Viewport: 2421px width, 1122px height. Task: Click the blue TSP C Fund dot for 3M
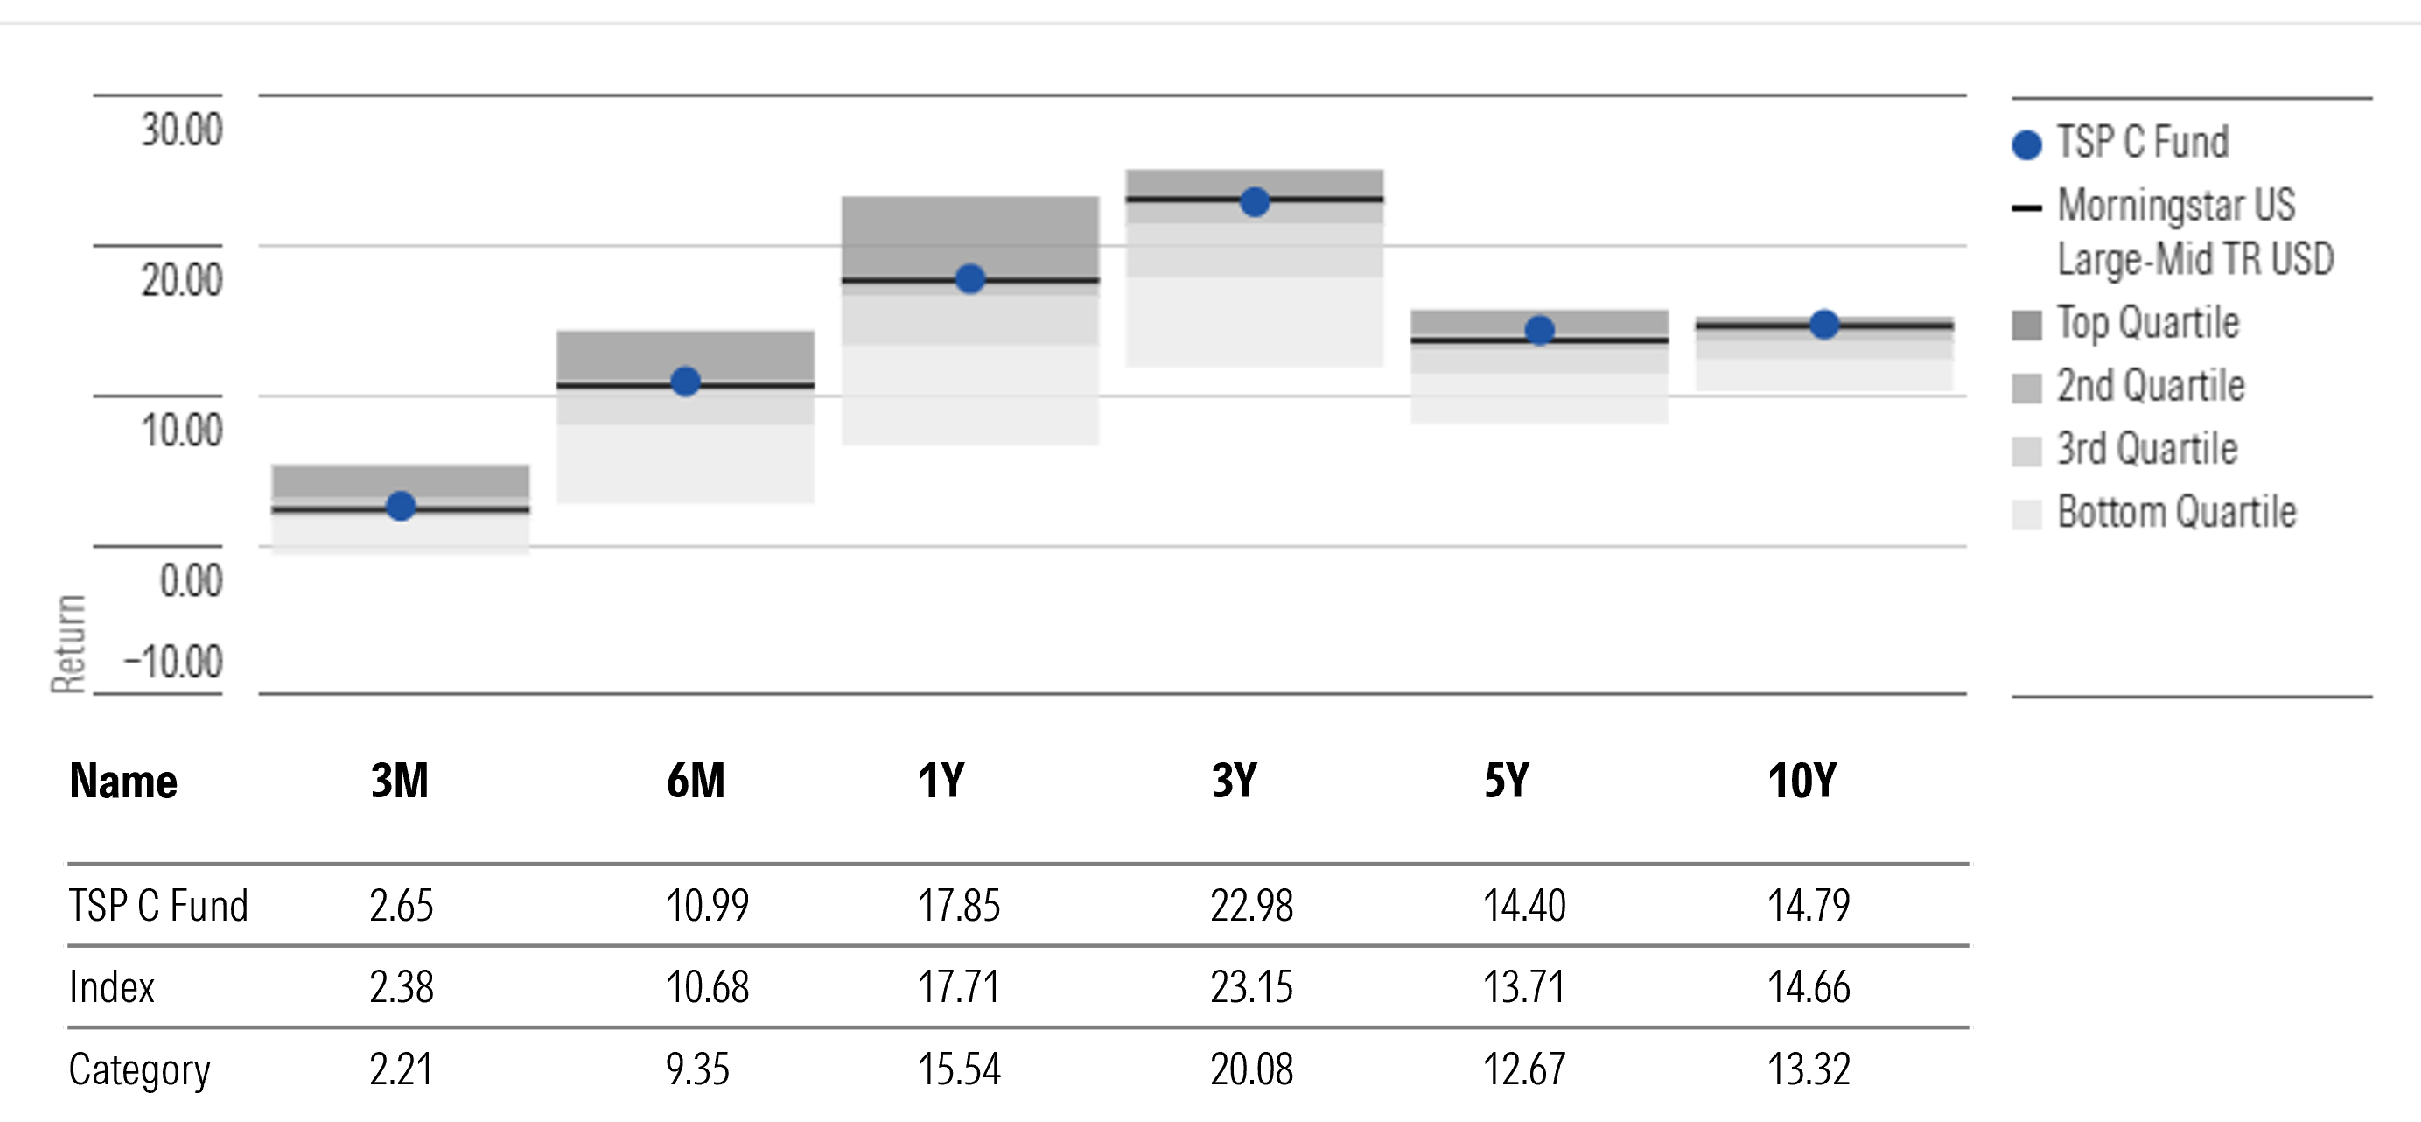point(402,506)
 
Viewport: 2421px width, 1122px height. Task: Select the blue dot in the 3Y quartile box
point(1255,202)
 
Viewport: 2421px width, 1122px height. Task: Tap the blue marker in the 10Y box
point(1824,324)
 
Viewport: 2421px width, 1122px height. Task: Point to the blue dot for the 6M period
point(685,382)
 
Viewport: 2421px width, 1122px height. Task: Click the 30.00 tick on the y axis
point(181,130)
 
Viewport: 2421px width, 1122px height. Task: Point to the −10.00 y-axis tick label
point(174,662)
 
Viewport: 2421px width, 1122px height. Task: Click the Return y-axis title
point(68,645)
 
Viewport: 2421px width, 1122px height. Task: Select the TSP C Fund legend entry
point(2142,142)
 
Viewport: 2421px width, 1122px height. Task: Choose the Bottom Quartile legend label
point(2176,512)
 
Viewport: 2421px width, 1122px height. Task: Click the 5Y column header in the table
point(1507,781)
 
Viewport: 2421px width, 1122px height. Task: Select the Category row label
point(139,1069)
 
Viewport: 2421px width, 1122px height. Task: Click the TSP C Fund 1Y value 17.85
point(959,906)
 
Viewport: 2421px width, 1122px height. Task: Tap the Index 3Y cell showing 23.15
point(1251,987)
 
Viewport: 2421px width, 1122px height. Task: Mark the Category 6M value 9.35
point(697,1069)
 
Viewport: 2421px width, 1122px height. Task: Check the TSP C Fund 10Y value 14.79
point(1809,906)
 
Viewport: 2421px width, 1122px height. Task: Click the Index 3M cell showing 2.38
point(402,987)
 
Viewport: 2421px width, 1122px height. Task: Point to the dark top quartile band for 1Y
point(970,235)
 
